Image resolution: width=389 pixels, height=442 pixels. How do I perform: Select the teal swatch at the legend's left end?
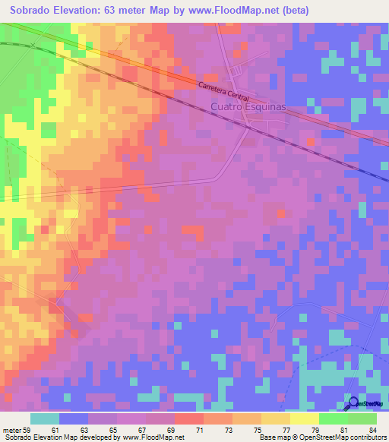point(44,418)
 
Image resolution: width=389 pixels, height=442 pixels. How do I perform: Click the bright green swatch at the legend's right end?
point(362,418)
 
